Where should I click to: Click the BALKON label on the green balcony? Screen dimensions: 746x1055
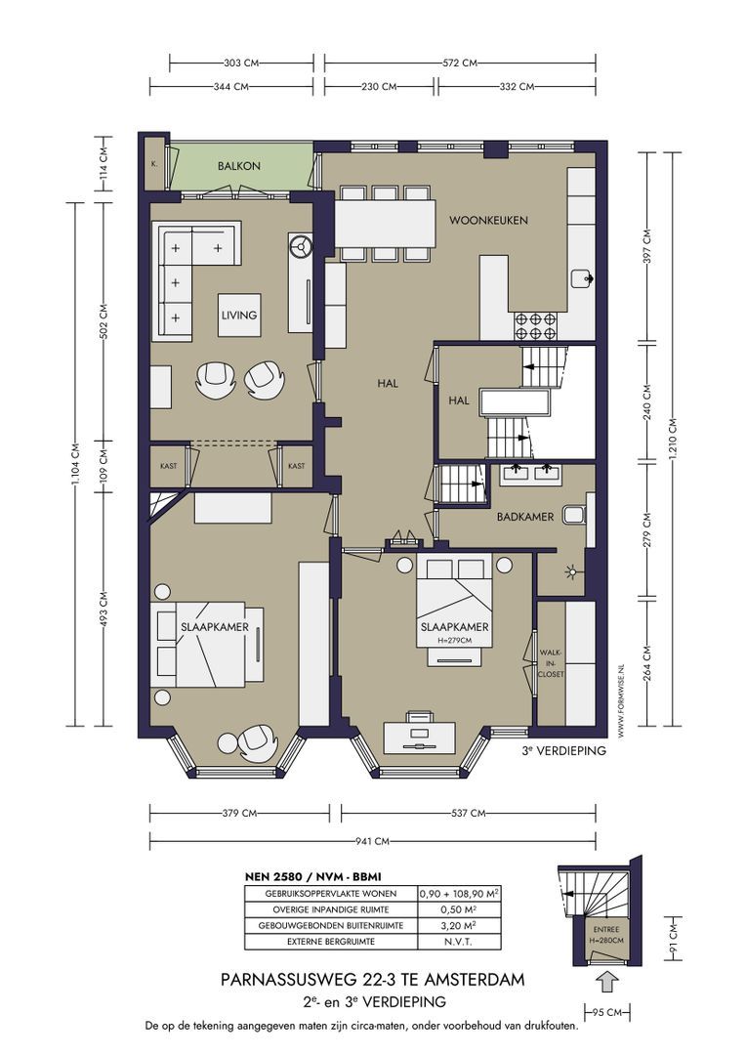coord(239,165)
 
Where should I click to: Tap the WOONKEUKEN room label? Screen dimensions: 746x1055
coord(488,220)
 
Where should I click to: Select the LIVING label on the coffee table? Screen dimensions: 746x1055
coord(239,315)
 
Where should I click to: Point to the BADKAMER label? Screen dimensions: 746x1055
coord(525,517)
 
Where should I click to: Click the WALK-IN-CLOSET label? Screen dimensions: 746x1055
coord(552,663)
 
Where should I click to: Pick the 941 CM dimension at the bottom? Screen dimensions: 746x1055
coord(372,841)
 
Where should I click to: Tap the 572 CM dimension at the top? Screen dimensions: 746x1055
coord(460,63)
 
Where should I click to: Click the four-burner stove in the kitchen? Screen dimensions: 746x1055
coord(535,326)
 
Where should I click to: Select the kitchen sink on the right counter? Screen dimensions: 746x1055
coord(581,277)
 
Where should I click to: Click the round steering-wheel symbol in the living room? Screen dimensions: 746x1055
coord(300,246)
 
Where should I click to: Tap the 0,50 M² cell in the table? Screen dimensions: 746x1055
coord(460,909)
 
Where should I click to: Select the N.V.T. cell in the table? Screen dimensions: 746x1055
coord(459,942)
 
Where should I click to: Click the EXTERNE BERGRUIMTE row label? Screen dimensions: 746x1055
coord(331,942)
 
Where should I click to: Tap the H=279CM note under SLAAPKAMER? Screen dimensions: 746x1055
coord(455,641)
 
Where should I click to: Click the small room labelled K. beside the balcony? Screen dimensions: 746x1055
coord(154,163)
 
